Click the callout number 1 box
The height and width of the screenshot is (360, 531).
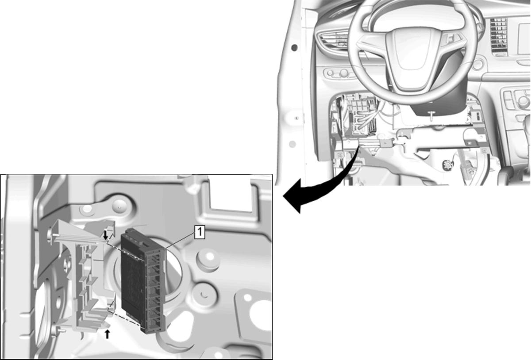coord(200,232)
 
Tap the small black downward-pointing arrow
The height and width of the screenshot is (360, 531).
coord(106,235)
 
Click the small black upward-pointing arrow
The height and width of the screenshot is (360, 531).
coord(108,334)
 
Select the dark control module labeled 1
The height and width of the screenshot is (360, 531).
coord(143,280)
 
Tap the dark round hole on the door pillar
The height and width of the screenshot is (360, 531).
coord(294,48)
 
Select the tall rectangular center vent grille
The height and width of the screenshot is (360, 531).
coord(499,37)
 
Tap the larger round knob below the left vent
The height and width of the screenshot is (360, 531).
coord(343,73)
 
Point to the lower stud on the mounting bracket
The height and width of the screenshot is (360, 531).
coord(59,330)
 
